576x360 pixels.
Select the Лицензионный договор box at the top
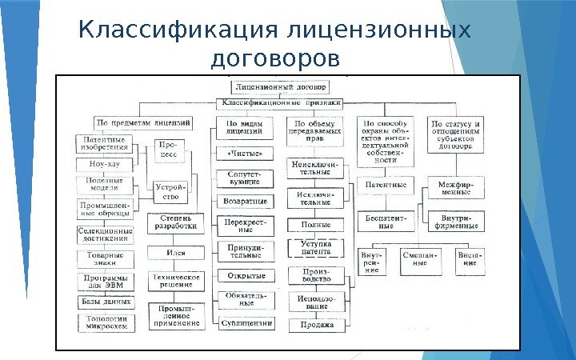pyautogui.click(x=278, y=86)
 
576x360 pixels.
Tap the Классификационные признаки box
pyautogui.click(x=281, y=102)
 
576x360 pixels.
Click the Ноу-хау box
pyautogui.click(x=104, y=164)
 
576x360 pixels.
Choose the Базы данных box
pyautogui.click(x=106, y=302)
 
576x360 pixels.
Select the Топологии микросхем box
pyautogui.click(x=106, y=322)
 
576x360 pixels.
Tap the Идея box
pyautogui.click(x=176, y=253)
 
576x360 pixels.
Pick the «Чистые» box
pyautogui.click(x=245, y=152)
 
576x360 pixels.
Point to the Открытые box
pyautogui.click(x=246, y=276)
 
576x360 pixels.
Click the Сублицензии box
pyautogui.click(x=246, y=323)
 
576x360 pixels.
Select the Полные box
pyautogui.click(x=315, y=226)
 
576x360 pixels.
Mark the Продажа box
pyautogui.click(x=316, y=325)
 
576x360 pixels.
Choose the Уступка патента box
pyautogui.click(x=316, y=247)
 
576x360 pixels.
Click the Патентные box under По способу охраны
pyautogui.click(x=386, y=186)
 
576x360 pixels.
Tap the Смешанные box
pyautogui.click(x=420, y=260)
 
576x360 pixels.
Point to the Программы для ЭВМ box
pyautogui.click(x=106, y=281)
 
